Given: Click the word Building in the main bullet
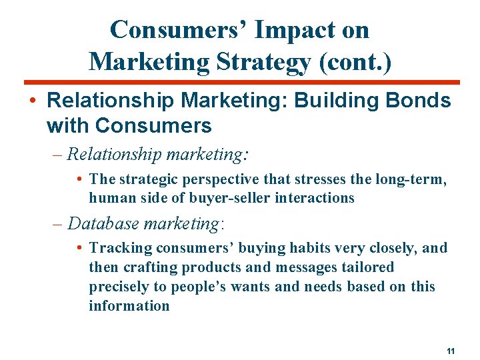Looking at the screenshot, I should click(331, 101).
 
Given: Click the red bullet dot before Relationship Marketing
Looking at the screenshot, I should click(32, 102).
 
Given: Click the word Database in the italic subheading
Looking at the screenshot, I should click(102, 223).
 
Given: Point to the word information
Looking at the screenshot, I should click(129, 306).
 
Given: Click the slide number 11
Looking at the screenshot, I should click(451, 351).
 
